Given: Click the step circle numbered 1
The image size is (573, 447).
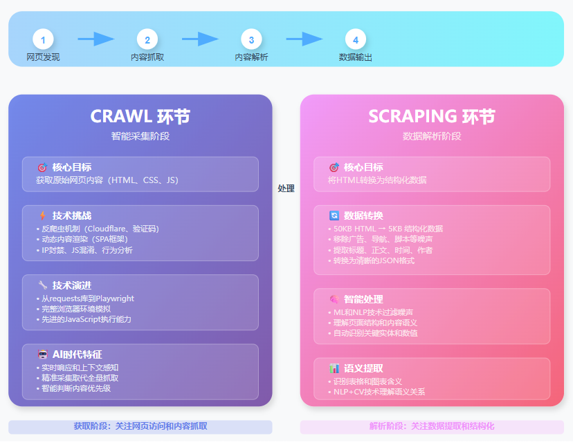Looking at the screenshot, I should click(43, 39).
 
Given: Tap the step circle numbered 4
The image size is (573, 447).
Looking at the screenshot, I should click(356, 39).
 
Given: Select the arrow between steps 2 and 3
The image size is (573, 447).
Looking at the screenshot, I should click(200, 39).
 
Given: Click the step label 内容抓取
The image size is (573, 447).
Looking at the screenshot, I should click(147, 57).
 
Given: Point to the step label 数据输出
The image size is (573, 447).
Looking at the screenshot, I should click(356, 57).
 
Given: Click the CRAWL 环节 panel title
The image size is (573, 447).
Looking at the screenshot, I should click(140, 117).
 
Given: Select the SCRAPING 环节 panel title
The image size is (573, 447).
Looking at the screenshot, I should click(432, 117).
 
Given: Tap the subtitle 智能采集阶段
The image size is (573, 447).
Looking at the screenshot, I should click(140, 136).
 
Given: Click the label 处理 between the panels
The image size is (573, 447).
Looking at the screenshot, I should click(286, 188).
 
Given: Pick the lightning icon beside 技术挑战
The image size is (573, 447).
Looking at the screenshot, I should click(43, 216).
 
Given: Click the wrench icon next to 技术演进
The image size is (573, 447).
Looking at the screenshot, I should click(43, 285).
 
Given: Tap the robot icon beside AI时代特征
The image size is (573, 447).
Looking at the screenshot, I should click(43, 354).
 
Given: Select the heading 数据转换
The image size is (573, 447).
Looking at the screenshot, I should click(363, 216).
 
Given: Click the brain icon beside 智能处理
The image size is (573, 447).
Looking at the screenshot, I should click(334, 299).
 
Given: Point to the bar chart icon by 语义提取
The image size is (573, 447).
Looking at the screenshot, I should click(334, 368).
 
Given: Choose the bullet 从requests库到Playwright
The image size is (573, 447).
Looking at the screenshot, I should click(86, 298).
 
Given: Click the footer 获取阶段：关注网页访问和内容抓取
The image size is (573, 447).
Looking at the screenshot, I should click(140, 426).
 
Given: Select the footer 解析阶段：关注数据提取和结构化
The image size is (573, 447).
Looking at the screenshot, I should click(432, 426).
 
